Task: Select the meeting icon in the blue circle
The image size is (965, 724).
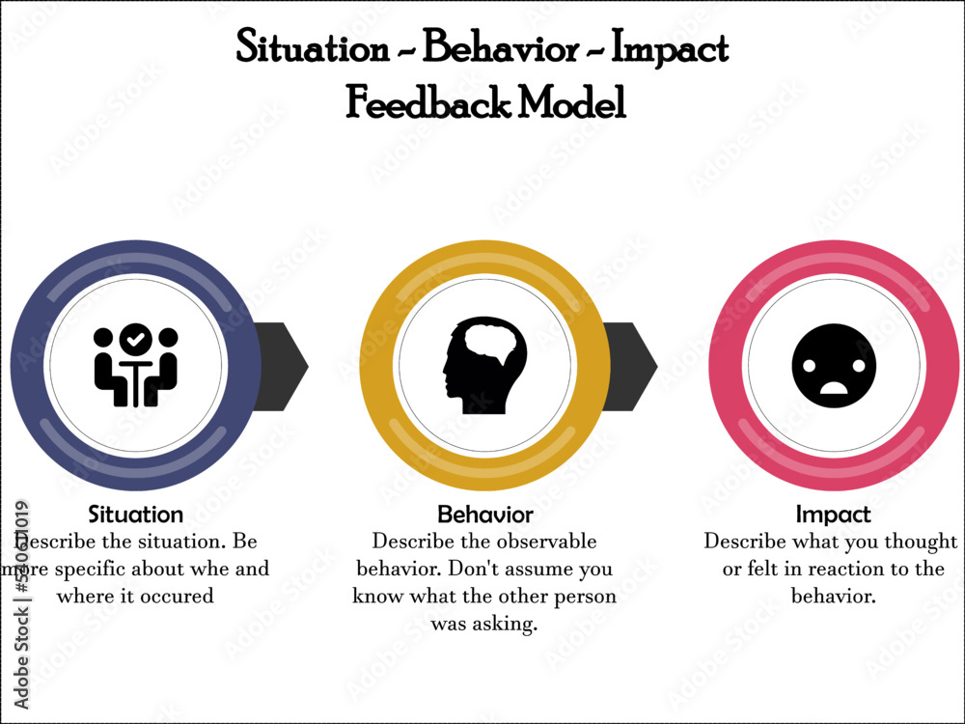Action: click(x=136, y=366)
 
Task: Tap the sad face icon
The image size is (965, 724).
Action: click(x=834, y=366)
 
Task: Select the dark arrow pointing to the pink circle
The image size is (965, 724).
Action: click(x=632, y=366)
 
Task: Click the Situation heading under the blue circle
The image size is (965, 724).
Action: click(x=135, y=515)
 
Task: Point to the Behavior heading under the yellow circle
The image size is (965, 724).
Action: click(x=484, y=515)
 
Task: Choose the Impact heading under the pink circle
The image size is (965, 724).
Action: click(x=833, y=515)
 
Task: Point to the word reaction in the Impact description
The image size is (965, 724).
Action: click(x=833, y=569)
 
